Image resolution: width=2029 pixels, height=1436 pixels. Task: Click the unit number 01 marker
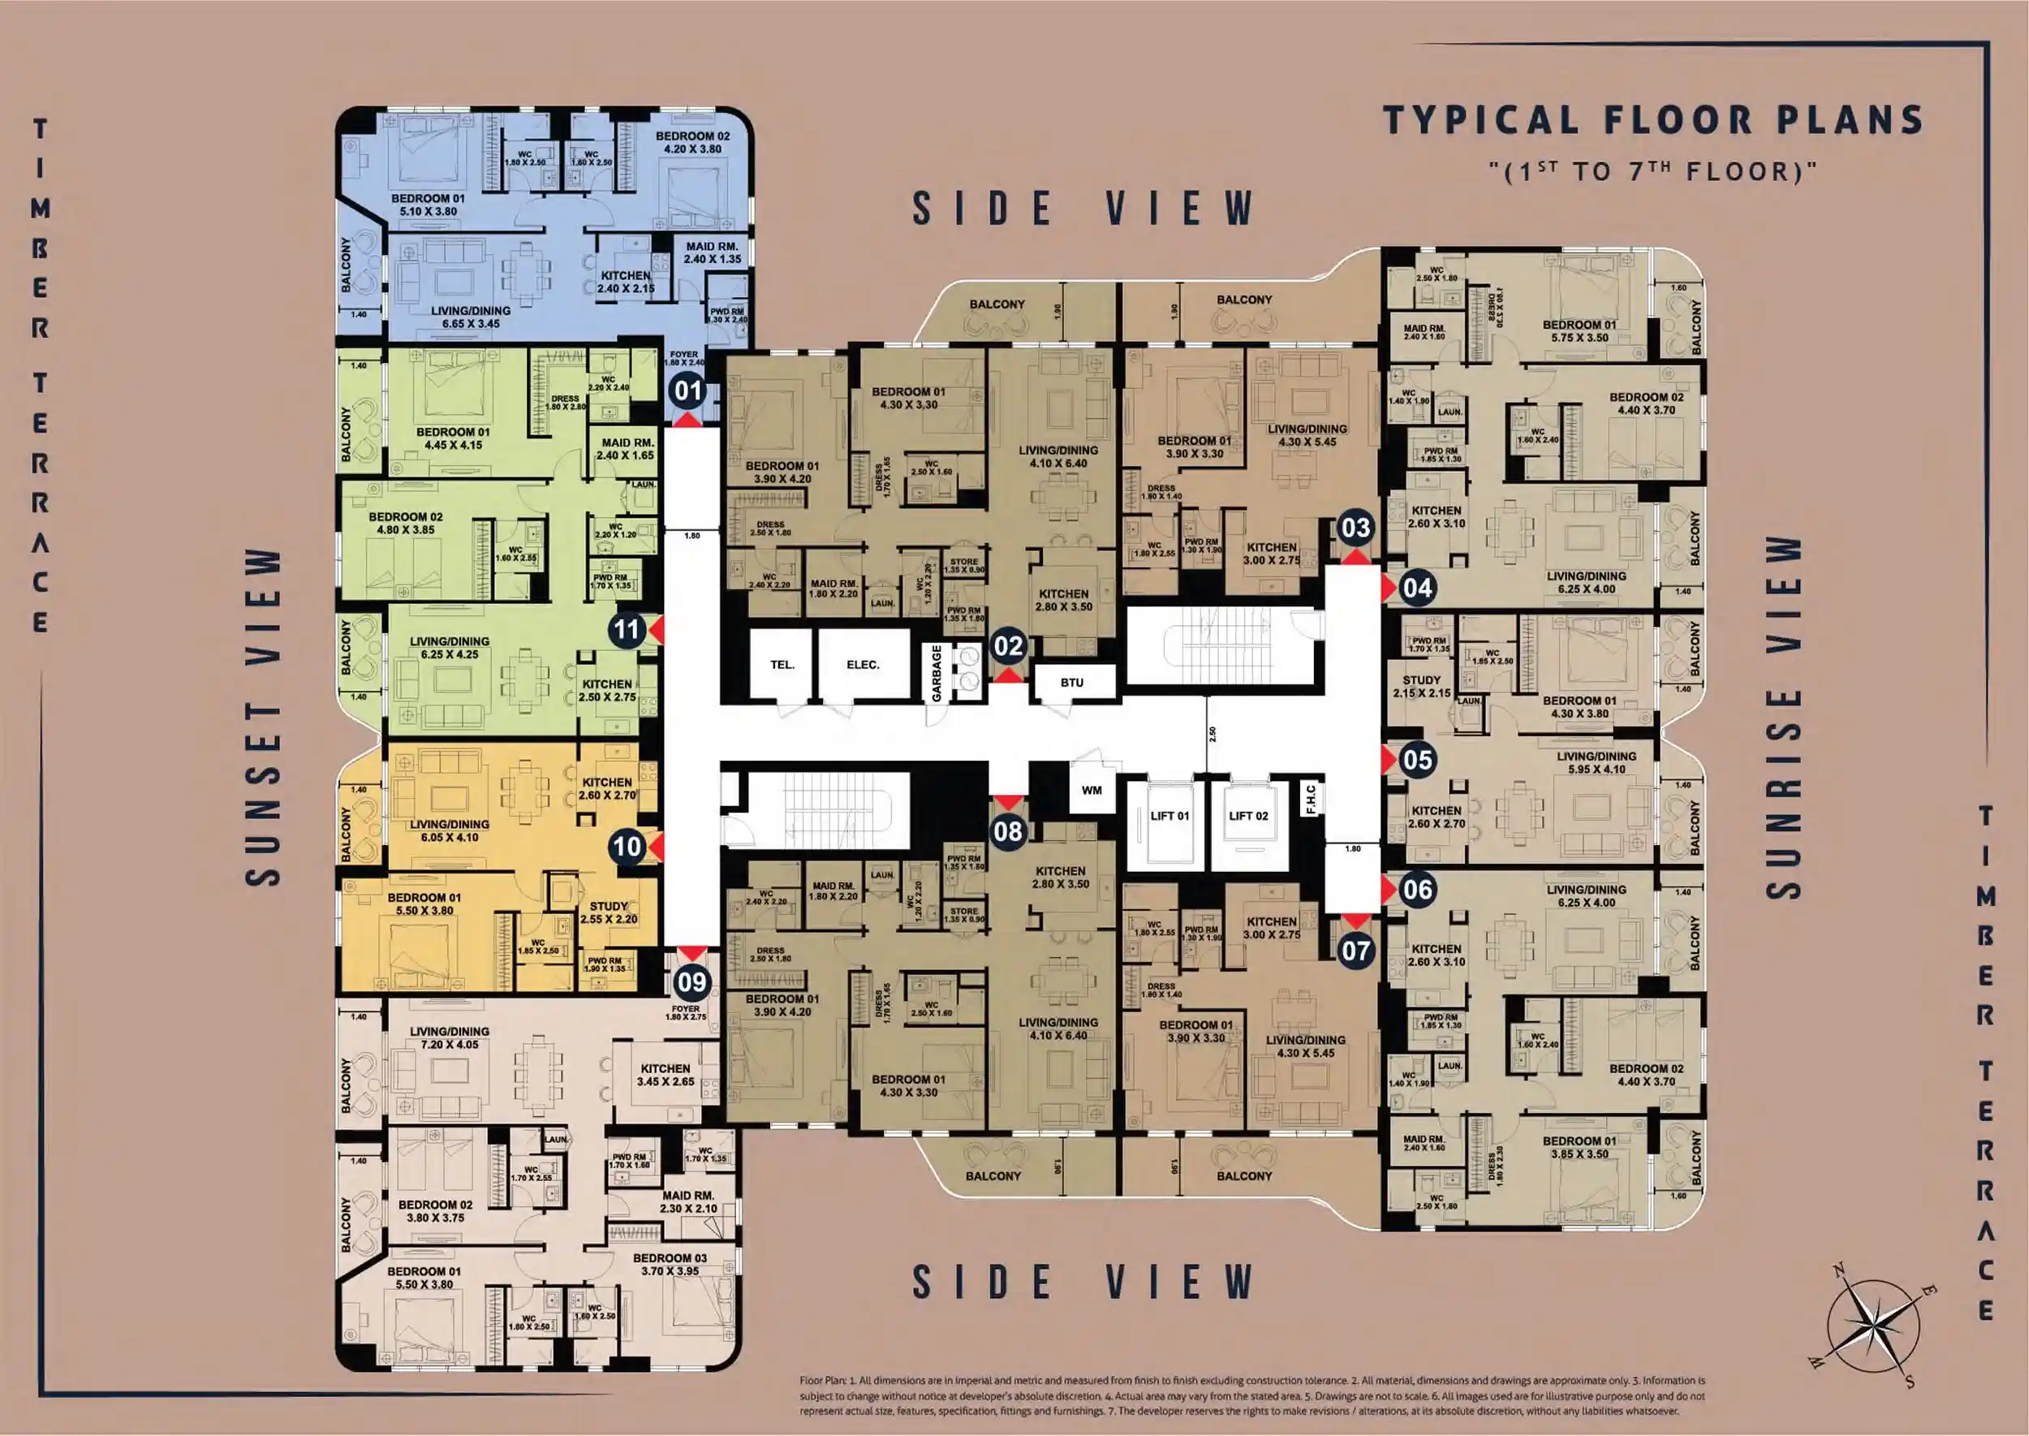click(687, 390)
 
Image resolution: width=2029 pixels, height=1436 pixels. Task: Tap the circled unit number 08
click(1008, 831)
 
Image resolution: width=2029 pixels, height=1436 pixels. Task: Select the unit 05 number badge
click(1417, 760)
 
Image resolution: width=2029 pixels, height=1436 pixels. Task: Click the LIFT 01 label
click(1170, 815)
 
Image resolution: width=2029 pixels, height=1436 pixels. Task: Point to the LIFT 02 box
click(1247, 815)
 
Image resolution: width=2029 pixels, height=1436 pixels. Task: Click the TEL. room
click(782, 665)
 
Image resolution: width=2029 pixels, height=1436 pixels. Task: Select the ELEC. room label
click(863, 665)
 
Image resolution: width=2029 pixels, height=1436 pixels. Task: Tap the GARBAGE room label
click(937, 673)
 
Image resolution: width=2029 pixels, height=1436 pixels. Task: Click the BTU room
click(1071, 683)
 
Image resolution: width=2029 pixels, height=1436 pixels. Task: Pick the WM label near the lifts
click(1092, 790)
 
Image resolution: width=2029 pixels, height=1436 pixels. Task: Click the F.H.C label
click(1310, 798)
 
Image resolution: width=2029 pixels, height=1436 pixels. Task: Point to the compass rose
click(1872, 1323)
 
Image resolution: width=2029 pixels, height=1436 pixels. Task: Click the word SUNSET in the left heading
click(263, 796)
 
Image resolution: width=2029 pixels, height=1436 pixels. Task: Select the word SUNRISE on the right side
click(1783, 796)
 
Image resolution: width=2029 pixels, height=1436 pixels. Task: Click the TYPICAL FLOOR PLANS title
click(1652, 120)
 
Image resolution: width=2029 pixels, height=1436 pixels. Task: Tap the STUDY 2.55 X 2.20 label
click(608, 912)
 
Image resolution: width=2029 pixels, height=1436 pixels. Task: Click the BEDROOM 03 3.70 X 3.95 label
click(670, 1265)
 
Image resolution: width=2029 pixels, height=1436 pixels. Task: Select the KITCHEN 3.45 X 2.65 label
click(665, 1074)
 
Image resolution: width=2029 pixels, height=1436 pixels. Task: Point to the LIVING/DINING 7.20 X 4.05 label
click(449, 1037)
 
